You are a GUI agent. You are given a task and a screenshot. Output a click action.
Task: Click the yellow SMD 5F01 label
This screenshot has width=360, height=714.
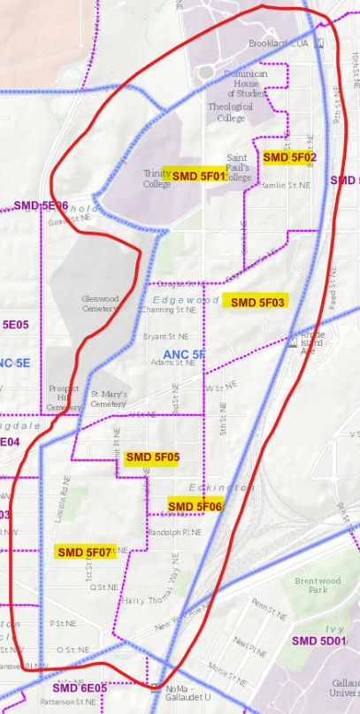click(x=198, y=176)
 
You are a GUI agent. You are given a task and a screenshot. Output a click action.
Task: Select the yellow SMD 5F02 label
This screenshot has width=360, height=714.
click(x=290, y=157)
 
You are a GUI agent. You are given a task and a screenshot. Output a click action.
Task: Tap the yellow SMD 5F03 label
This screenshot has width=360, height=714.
click(x=257, y=302)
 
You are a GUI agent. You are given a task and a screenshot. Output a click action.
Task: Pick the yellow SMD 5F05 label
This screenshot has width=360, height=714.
click(x=152, y=457)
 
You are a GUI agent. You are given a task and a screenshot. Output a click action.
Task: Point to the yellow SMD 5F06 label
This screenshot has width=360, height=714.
click(x=195, y=506)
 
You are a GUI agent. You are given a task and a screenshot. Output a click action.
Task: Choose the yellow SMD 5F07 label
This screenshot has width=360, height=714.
click(x=85, y=552)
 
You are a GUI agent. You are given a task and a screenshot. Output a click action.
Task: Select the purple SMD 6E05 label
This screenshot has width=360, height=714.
click(x=79, y=687)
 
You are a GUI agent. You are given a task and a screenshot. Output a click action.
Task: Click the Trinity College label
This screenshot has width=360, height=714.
click(x=157, y=179)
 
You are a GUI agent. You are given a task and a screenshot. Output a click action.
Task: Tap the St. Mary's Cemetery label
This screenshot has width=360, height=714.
click(x=109, y=399)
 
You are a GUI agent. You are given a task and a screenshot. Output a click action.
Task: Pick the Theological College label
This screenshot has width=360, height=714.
click(x=226, y=112)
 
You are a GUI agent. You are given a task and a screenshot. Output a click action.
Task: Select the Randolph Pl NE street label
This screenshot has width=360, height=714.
click(x=174, y=532)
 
